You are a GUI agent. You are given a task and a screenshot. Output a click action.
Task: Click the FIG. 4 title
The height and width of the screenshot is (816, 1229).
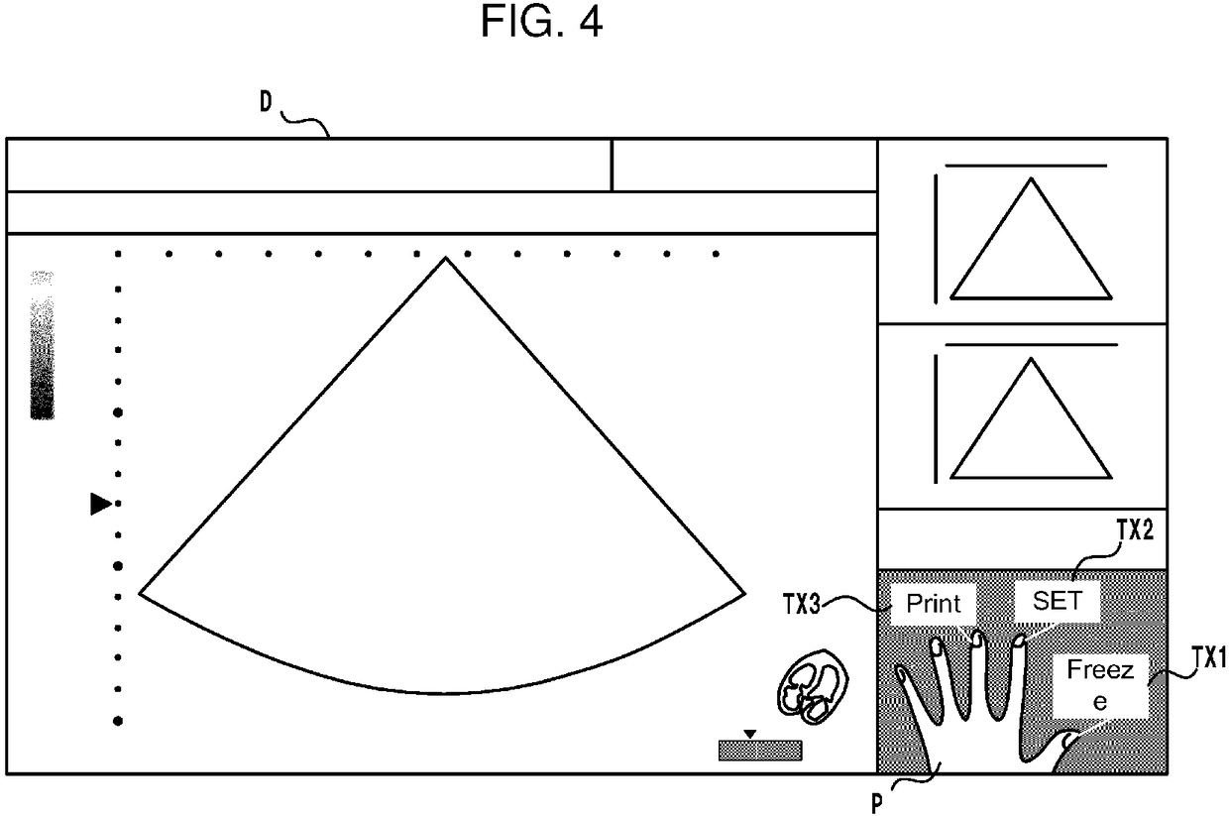[541, 22]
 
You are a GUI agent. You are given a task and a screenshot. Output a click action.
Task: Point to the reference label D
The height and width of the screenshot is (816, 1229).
[267, 105]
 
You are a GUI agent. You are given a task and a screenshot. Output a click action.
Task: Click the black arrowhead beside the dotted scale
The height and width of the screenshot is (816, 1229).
[100, 504]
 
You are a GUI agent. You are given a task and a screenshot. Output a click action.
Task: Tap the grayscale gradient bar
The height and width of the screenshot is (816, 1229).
[42, 344]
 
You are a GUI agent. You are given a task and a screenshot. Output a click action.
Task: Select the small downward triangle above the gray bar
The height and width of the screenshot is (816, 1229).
[750, 734]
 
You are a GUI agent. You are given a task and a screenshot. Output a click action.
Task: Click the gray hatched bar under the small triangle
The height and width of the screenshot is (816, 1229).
[760, 750]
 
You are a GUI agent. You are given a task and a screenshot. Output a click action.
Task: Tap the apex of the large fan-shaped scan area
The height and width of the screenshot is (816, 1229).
[445, 259]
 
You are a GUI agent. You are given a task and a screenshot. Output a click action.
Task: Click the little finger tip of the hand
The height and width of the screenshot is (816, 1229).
[902, 672]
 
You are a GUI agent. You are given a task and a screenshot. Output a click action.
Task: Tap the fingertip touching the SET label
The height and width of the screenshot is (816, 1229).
[1018, 642]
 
